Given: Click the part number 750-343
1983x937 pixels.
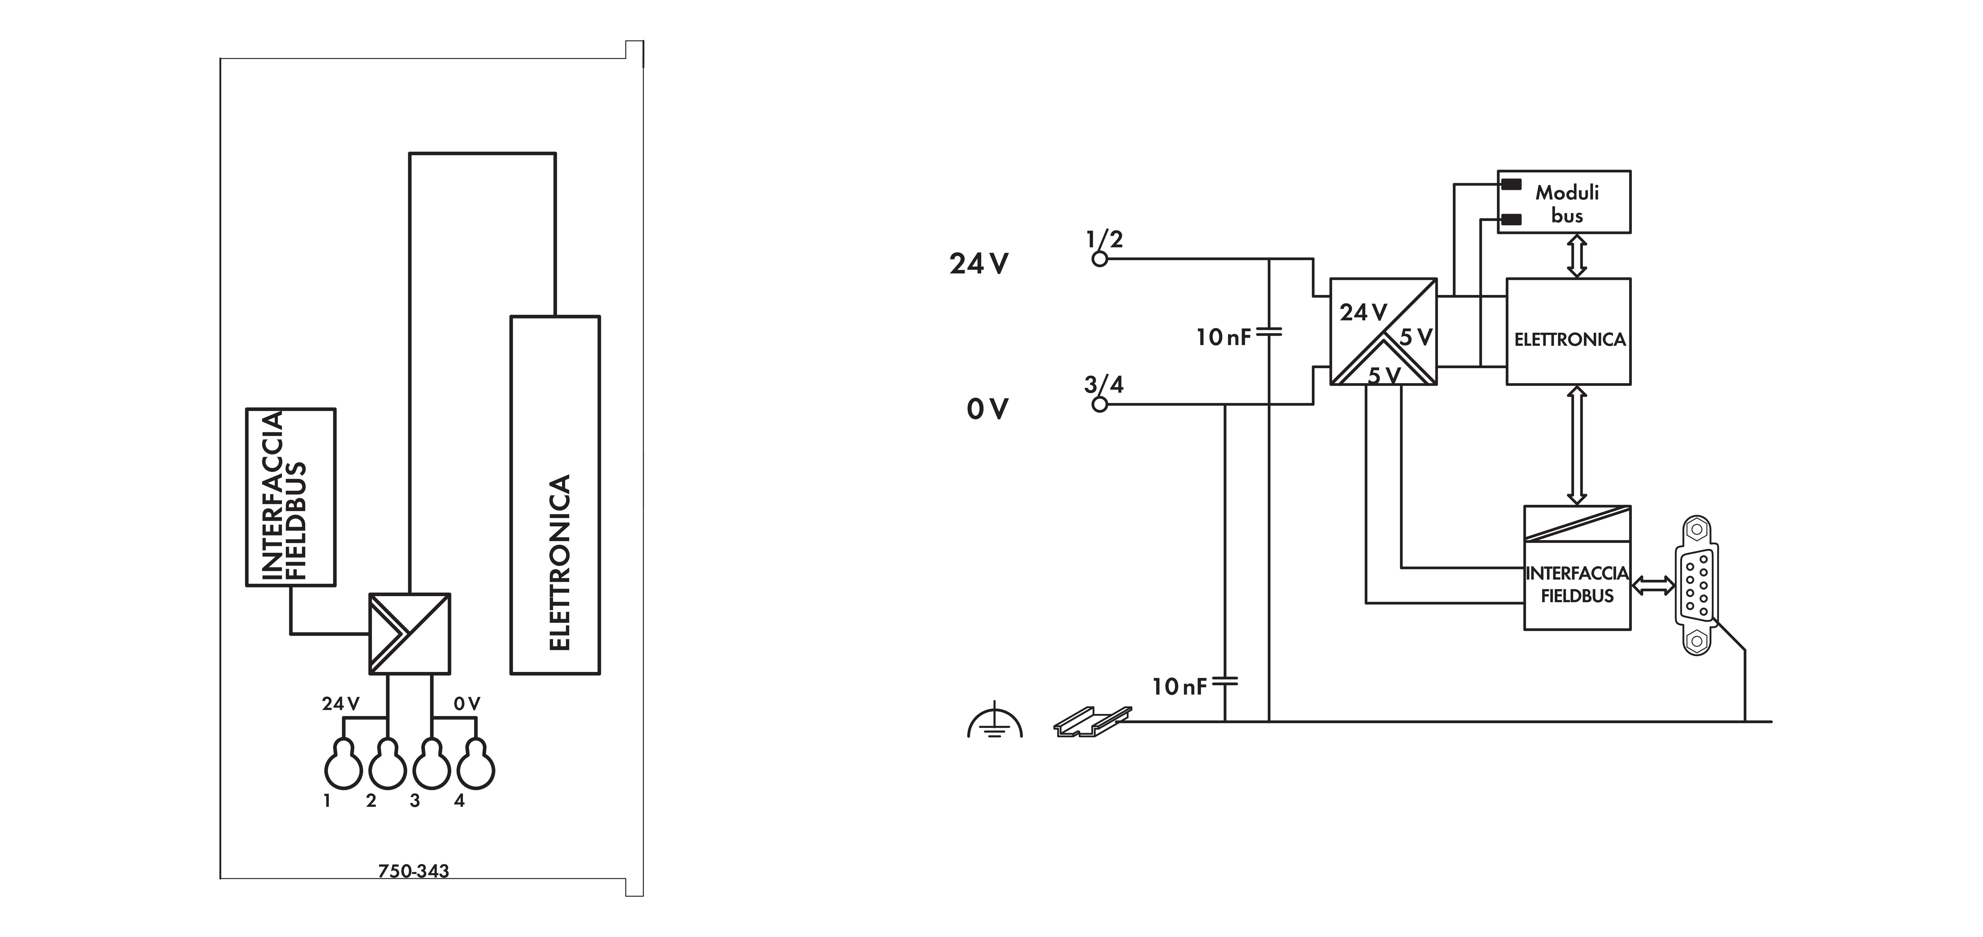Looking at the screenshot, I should (413, 871).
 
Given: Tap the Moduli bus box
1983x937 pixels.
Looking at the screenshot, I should (1564, 202).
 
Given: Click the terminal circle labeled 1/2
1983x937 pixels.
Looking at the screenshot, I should (1100, 259).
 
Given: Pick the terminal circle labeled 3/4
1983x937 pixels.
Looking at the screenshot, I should (1100, 404).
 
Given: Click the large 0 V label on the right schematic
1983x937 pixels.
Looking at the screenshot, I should (987, 409).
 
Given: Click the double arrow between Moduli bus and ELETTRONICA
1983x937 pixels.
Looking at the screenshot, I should (1577, 256).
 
